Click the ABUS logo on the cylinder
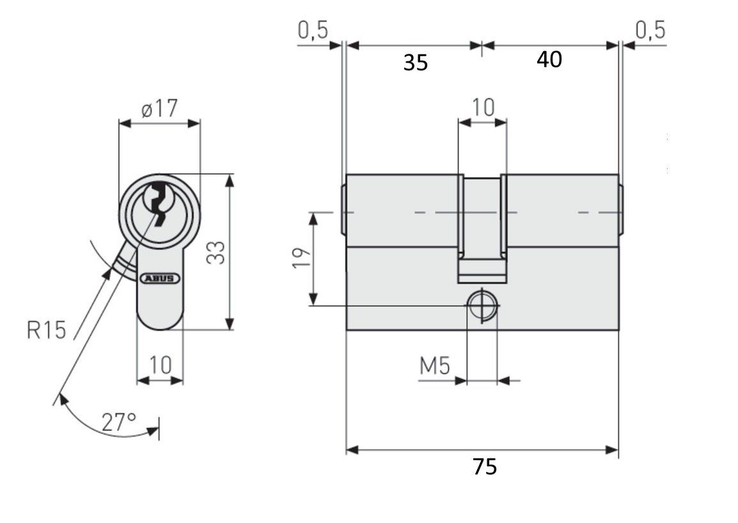pos(160,278)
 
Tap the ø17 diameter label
pos(159,109)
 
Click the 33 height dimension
pos(216,253)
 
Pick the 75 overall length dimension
pos(484,467)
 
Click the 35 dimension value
pos(416,63)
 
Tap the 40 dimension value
pos(549,60)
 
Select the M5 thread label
pos(435,366)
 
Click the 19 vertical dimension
pos(302,258)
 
